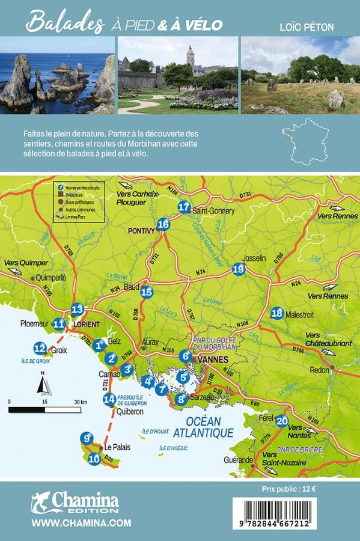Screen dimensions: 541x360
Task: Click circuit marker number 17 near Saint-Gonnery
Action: (184, 207)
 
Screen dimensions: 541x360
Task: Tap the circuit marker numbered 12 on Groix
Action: (40, 347)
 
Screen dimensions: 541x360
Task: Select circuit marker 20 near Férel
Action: (282, 421)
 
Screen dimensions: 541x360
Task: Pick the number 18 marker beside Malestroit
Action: (276, 313)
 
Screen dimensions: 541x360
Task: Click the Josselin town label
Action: (254, 258)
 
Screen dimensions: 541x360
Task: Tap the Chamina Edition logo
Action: (75, 502)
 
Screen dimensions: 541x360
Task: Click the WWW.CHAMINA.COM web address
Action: (81, 524)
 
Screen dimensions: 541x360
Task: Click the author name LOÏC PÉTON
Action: (307, 27)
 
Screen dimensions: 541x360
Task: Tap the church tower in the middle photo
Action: (190, 56)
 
